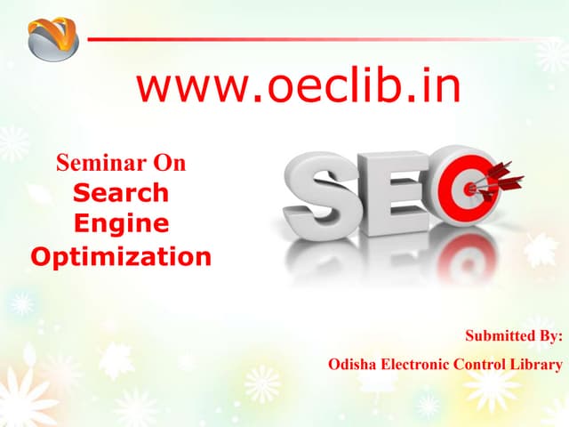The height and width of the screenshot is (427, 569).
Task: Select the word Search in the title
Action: pyautogui.click(x=121, y=191)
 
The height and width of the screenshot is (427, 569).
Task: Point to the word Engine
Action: pyautogui.click(x=121, y=224)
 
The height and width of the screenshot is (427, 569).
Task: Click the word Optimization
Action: pyautogui.click(x=121, y=258)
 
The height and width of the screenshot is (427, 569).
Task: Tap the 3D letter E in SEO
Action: pyautogui.click(x=397, y=194)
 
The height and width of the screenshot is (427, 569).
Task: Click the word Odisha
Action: pyautogui.click(x=354, y=364)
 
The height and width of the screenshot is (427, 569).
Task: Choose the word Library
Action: pyautogui.click(x=541, y=364)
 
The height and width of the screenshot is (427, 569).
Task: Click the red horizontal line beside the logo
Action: pyautogui.click(x=320, y=39)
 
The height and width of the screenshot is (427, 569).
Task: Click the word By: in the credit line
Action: pyautogui.click(x=552, y=335)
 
